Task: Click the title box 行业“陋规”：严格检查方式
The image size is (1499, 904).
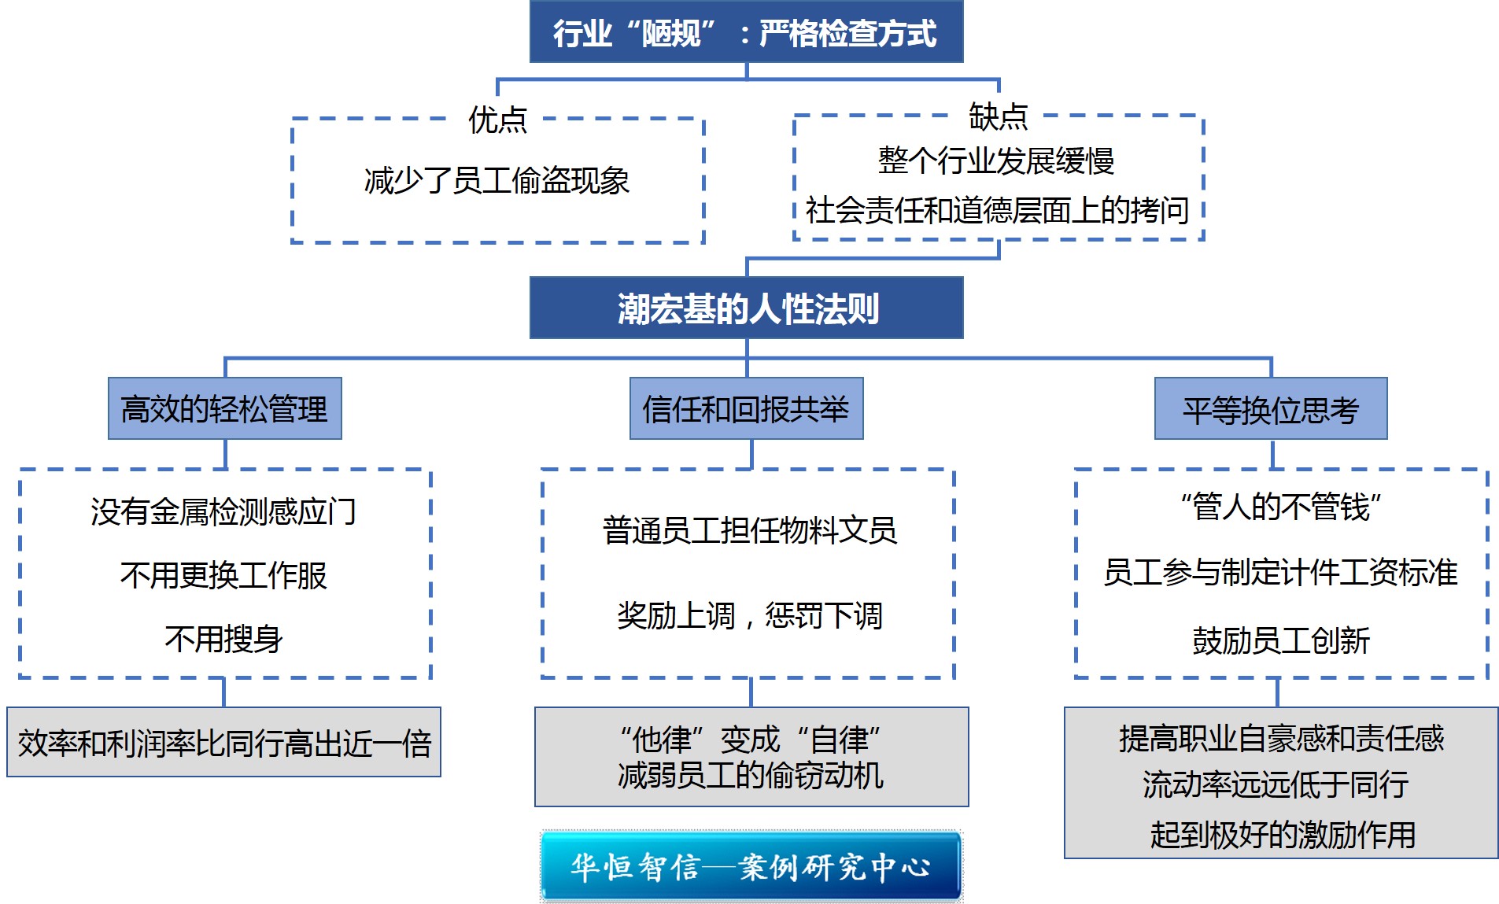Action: point(746,31)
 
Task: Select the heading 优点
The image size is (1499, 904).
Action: point(497,120)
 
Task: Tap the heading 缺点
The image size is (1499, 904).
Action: point(998,116)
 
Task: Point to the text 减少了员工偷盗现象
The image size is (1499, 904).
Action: point(497,181)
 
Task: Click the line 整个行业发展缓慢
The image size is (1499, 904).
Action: point(996,161)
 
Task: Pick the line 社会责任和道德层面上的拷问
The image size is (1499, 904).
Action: point(997,210)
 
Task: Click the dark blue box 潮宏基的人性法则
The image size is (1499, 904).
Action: point(746,308)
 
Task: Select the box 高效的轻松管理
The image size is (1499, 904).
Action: point(225,408)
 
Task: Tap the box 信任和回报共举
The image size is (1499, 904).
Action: point(746,408)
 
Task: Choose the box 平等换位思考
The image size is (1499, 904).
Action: point(1271,408)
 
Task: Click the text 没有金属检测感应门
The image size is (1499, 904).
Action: point(223,511)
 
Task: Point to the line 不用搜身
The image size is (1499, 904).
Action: point(223,638)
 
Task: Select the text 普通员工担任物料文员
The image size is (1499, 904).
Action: point(749,530)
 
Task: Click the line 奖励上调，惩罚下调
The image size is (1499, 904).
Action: point(749,615)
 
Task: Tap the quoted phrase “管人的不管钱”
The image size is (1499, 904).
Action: point(1281,507)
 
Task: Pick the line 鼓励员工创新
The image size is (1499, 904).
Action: point(1281,640)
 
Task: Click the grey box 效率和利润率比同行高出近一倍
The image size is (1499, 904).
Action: point(224,742)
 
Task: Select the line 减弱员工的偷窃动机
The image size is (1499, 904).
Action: point(751,776)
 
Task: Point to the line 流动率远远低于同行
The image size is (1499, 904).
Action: point(1276,784)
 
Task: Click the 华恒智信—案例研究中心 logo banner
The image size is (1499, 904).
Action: point(751,866)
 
